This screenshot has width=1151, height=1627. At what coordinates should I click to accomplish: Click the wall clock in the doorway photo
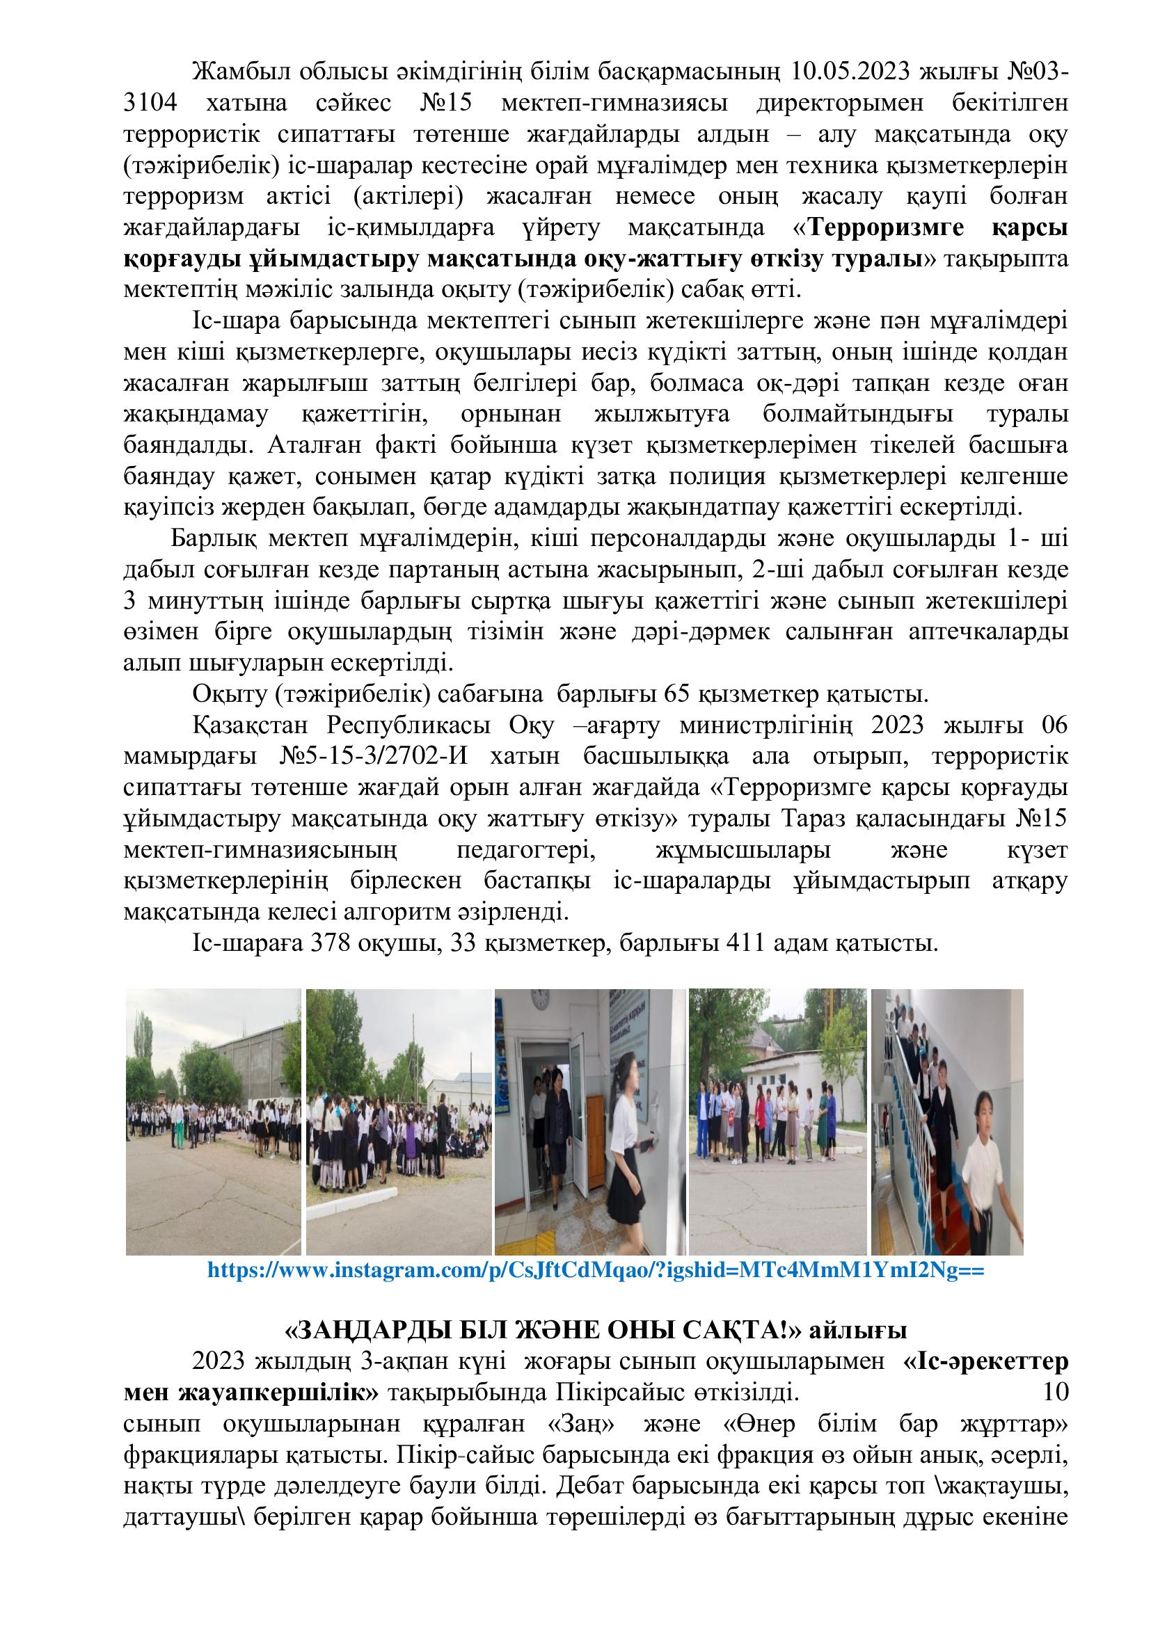541,1000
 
